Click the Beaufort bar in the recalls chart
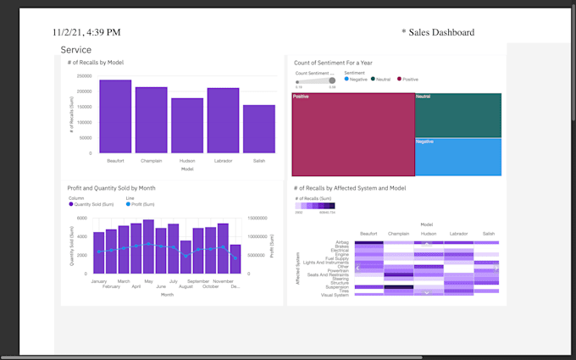[115, 117]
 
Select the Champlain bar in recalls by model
[151, 120]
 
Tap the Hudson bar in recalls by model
[187, 125]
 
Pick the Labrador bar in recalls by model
[223, 120]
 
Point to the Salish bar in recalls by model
[258, 129]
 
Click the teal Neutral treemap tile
[457, 114]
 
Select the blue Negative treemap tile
[457, 157]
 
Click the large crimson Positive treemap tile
[353, 135]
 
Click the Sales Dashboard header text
[438, 32]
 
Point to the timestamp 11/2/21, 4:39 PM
[86, 32]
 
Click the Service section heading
[76, 50]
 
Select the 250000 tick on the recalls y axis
[84, 76]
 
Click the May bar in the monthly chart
[148, 246]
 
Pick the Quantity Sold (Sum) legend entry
[93, 204]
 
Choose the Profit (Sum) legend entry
[142, 204]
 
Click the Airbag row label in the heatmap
[342, 242]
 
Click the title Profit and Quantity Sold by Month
[111, 188]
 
